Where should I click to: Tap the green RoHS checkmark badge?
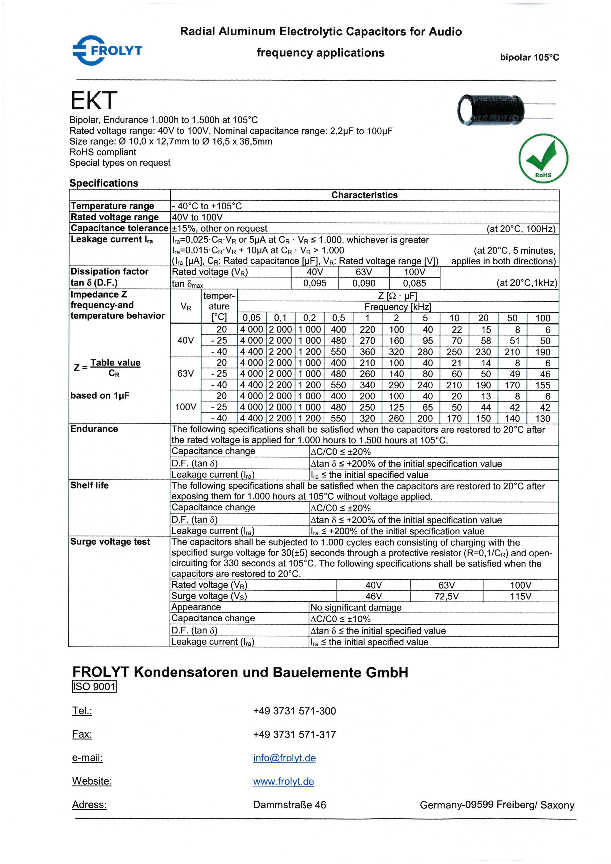[x=543, y=159]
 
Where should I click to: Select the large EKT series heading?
[x=94, y=101]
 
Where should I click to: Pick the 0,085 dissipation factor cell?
[x=414, y=283]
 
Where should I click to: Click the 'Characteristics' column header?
[x=364, y=195]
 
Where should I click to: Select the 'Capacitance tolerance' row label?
[x=119, y=228]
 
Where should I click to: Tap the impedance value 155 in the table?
[x=542, y=385]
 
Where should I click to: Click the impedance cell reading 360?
[x=367, y=352]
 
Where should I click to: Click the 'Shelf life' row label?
[x=89, y=486]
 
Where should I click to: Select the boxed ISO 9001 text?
[x=94, y=687]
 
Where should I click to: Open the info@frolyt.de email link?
[x=284, y=758]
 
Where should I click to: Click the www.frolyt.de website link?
[x=283, y=782]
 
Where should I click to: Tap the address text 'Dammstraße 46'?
[x=289, y=805]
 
